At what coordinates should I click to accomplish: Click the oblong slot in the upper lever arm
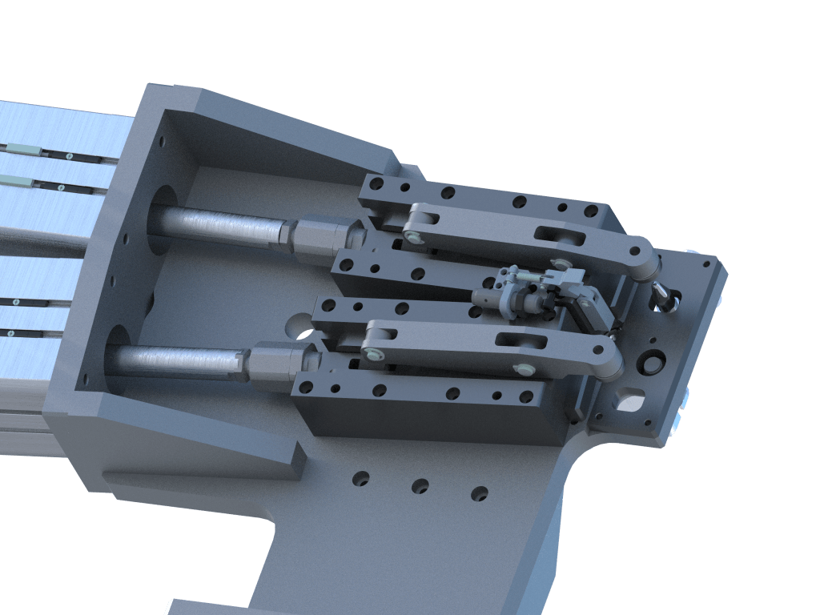click(x=561, y=235)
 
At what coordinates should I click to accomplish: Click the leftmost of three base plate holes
click(x=361, y=479)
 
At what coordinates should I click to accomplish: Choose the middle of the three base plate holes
click(x=420, y=486)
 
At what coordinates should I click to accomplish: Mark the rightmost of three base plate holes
click(x=479, y=493)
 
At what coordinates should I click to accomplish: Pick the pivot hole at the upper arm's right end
click(x=645, y=263)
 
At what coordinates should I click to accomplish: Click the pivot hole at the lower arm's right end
click(x=609, y=364)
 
